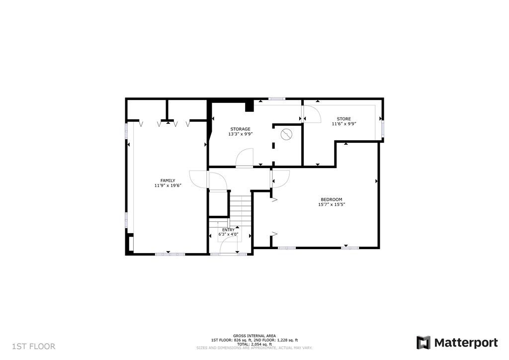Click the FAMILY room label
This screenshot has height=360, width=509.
coord(168,180)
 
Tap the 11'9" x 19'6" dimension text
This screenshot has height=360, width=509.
coord(168,185)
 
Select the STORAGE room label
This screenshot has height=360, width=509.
coord(240,129)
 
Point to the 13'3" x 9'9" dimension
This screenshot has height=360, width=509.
coord(240,134)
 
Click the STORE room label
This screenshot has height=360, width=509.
coord(344,119)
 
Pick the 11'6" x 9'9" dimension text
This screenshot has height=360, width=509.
coord(344,124)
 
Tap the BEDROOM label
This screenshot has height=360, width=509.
coord(331,199)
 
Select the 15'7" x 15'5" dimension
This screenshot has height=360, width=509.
coord(331,204)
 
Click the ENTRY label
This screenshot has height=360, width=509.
coord(229,230)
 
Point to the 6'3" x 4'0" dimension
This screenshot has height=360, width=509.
coord(229,234)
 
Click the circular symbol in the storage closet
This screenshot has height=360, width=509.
coord(287,133)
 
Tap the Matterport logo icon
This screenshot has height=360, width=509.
coord(424,343)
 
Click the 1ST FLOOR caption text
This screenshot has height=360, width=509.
coord(34,346)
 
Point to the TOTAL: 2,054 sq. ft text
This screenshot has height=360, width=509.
coord(254,344)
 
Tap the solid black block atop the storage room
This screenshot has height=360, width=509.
coord(250,106)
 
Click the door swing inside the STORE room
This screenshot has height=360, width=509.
coord(312,115)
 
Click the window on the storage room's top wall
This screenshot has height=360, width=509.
coord(277,99)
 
